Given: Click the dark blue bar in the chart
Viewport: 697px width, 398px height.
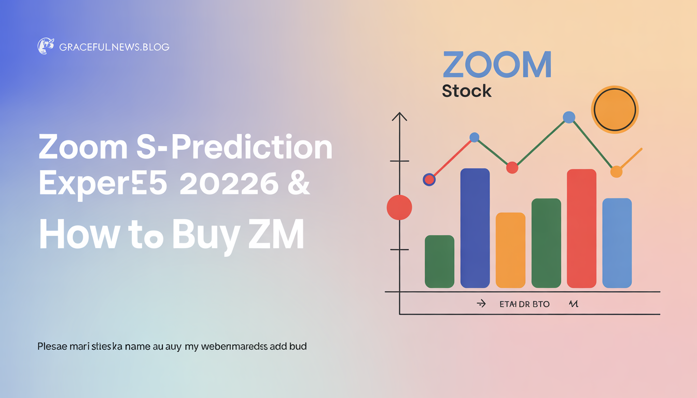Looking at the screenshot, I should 475,228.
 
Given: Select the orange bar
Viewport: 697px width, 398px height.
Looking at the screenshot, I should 510,250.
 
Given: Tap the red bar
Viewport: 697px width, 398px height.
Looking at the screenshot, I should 581,228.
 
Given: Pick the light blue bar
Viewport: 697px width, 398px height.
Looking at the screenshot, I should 617,243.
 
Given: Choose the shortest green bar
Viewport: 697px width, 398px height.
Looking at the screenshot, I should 439,261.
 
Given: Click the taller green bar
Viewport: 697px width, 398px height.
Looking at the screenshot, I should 546,243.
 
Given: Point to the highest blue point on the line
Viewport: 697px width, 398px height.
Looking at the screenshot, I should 569,118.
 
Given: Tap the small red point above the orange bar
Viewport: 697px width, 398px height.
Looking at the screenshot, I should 512,167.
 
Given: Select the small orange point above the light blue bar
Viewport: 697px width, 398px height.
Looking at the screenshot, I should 616,172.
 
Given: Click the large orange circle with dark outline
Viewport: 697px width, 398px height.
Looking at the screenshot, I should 615,109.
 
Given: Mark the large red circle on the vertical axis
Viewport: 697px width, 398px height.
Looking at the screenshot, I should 399,207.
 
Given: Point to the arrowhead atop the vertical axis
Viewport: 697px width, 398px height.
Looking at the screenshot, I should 399,117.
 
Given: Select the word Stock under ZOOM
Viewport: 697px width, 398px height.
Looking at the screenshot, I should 466,91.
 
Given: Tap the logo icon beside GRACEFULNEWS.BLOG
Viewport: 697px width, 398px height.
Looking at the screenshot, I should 46,46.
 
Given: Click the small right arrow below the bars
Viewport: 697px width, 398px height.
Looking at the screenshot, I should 481,304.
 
